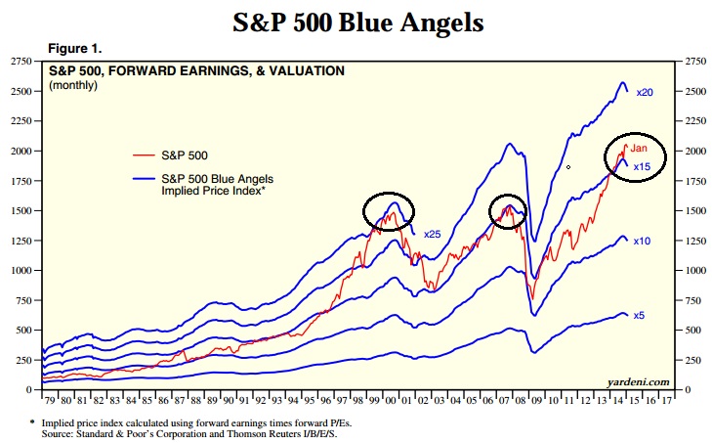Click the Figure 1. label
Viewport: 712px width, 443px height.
[74, 48]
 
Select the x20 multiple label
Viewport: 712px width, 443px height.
[644, 93]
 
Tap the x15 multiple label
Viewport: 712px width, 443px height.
[643, 167]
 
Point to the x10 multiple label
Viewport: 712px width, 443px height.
[642, 241]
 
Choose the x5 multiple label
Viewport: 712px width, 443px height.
[639, 315]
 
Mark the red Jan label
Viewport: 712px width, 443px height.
[639, 149]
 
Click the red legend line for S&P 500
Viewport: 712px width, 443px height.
[147, 155]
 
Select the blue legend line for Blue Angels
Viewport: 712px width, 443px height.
[147, 179]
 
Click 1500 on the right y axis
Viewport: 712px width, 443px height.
[694, 211]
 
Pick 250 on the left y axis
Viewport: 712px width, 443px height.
[22, 360]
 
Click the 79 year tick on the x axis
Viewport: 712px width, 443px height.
[47, 400]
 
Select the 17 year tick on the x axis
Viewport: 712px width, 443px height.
[666, 400]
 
